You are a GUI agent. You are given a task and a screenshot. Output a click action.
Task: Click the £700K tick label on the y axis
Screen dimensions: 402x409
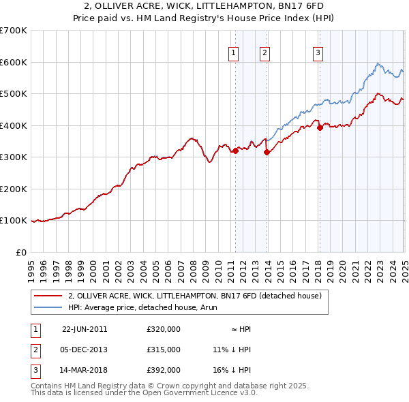(14, 31)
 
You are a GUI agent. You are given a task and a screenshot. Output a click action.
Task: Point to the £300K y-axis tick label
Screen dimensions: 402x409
(14, 157)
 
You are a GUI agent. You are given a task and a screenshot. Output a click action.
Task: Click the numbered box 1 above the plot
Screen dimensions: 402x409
(234, 53)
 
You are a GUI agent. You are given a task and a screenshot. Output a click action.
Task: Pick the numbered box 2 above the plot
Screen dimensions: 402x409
(264, 53)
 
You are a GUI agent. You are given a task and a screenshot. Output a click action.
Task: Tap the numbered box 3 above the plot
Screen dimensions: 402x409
(318, 53)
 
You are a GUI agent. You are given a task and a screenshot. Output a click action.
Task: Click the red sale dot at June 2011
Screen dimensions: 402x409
(236, 151)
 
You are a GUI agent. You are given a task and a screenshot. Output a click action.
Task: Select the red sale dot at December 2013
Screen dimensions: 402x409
(267, 153)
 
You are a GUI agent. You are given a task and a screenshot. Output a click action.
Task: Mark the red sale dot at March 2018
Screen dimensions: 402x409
(320, 128)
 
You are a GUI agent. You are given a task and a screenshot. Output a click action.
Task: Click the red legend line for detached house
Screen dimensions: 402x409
(48, 296)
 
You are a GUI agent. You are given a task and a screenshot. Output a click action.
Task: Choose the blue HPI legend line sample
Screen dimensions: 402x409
(48, 307)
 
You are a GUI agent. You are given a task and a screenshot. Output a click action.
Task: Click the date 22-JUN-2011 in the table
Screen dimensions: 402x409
(85, 329)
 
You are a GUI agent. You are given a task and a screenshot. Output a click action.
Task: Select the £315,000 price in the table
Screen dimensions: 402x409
(164, 350)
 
